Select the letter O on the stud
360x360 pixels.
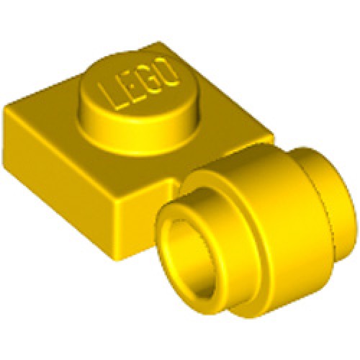(x=166, y=70)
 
